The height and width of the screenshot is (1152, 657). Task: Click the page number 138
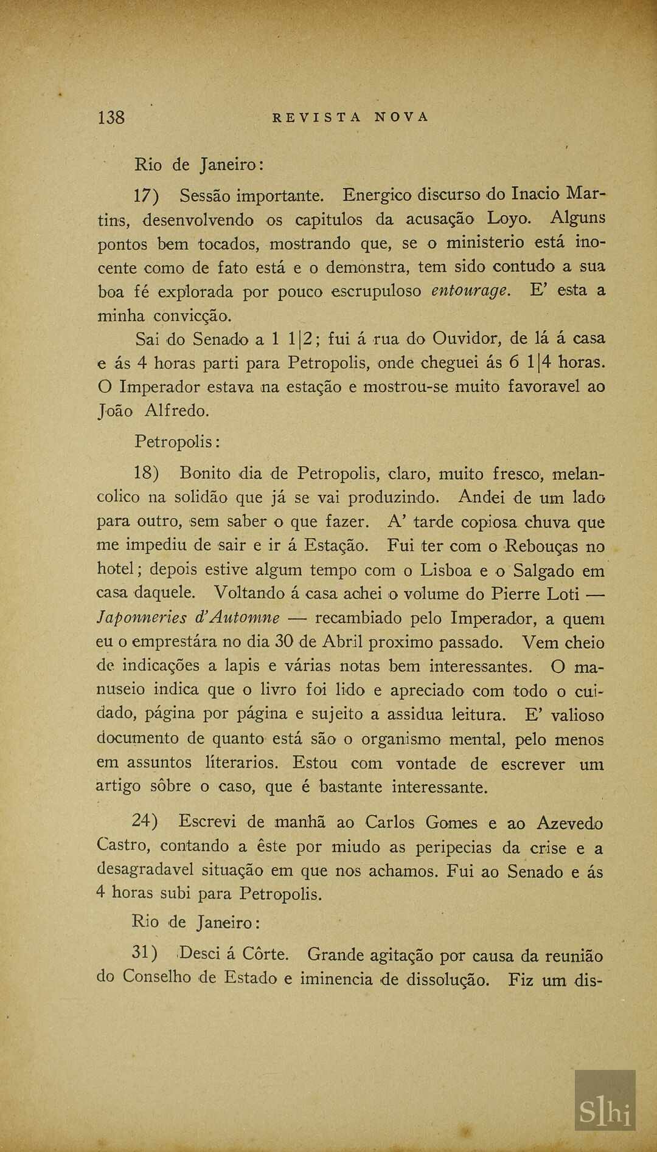pyautogui.click(x=111, y=117)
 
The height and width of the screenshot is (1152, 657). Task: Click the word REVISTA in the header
pyautogui.click(x=316, y=117)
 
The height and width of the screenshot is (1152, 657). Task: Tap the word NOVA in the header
pyautogui.click(x=401, y=117)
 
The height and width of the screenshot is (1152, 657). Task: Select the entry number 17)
pyautogui.click(x=146, y=196)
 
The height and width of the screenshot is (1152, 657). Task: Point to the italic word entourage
pyautogui.click(x=470, y=291)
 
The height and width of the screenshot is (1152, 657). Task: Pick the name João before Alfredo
pyautogui.click(x=115, y=411)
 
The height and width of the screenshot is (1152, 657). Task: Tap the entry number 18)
pyautogui.click(x=147, y=473)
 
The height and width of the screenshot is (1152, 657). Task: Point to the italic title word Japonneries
pyautogui.click(x=142, y=618)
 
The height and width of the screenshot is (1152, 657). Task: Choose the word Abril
pyautogui.click(x=342, y=642)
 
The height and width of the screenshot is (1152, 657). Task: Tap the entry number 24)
pyautogui.click(x=145, y=821)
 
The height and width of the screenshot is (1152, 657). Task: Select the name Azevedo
pyautogui.click(x=569, y=823)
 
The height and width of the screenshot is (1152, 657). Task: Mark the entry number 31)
pyautogui.click(x=145, y=953)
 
